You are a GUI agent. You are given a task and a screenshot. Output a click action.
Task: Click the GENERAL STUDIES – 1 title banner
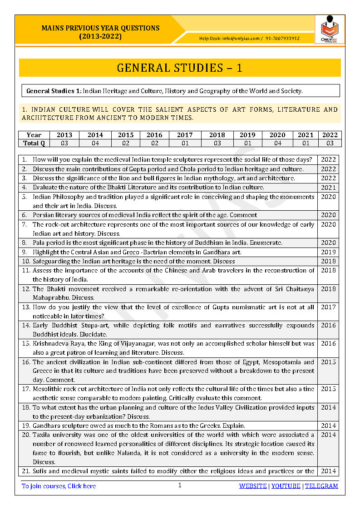pyautogui.click(x=180, y=68)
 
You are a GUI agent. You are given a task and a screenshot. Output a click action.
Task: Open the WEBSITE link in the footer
pyautogui.click(x=253, y=486)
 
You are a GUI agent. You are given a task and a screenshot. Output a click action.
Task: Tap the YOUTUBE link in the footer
pyautogui.click(x=286, y=486)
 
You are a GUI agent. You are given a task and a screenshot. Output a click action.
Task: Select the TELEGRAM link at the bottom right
pyautogui.click(x=321, y=486)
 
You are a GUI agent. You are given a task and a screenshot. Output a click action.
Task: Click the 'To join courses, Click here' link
pyautogui.click(x=59, y=486)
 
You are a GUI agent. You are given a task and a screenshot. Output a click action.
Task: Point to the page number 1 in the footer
pyautogui.click(x=180, y=485)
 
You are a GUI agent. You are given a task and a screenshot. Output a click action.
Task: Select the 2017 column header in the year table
pyautogui.click(x=185, y=135)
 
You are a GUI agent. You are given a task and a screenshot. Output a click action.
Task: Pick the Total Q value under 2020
pyautogui.click(x=277, y=143)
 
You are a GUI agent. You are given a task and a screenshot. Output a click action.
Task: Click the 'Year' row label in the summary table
pyautogui.click(x=34, y=135)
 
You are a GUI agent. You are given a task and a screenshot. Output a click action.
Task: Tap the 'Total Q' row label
pyautogui.click(x=34, y=143)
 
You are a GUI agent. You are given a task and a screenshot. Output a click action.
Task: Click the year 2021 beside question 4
pyautogui.click(x=328, y=188)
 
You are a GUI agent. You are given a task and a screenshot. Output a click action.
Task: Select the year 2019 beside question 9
pyautogui.click(x=328, y=252)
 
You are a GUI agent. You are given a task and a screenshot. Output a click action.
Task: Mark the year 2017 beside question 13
pyautogui.click(x=328, y=307)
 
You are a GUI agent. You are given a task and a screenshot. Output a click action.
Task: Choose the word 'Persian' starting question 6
pyautogui.click(x=43, y=215)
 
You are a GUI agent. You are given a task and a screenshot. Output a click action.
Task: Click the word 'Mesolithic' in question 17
pyautogui.click(x=48, y=389)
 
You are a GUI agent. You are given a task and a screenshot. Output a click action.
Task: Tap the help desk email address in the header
pyautogui.click(x=241, y=39)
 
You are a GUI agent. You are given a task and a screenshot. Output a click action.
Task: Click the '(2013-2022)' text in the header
pyautogui.click(x=100, y=36)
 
